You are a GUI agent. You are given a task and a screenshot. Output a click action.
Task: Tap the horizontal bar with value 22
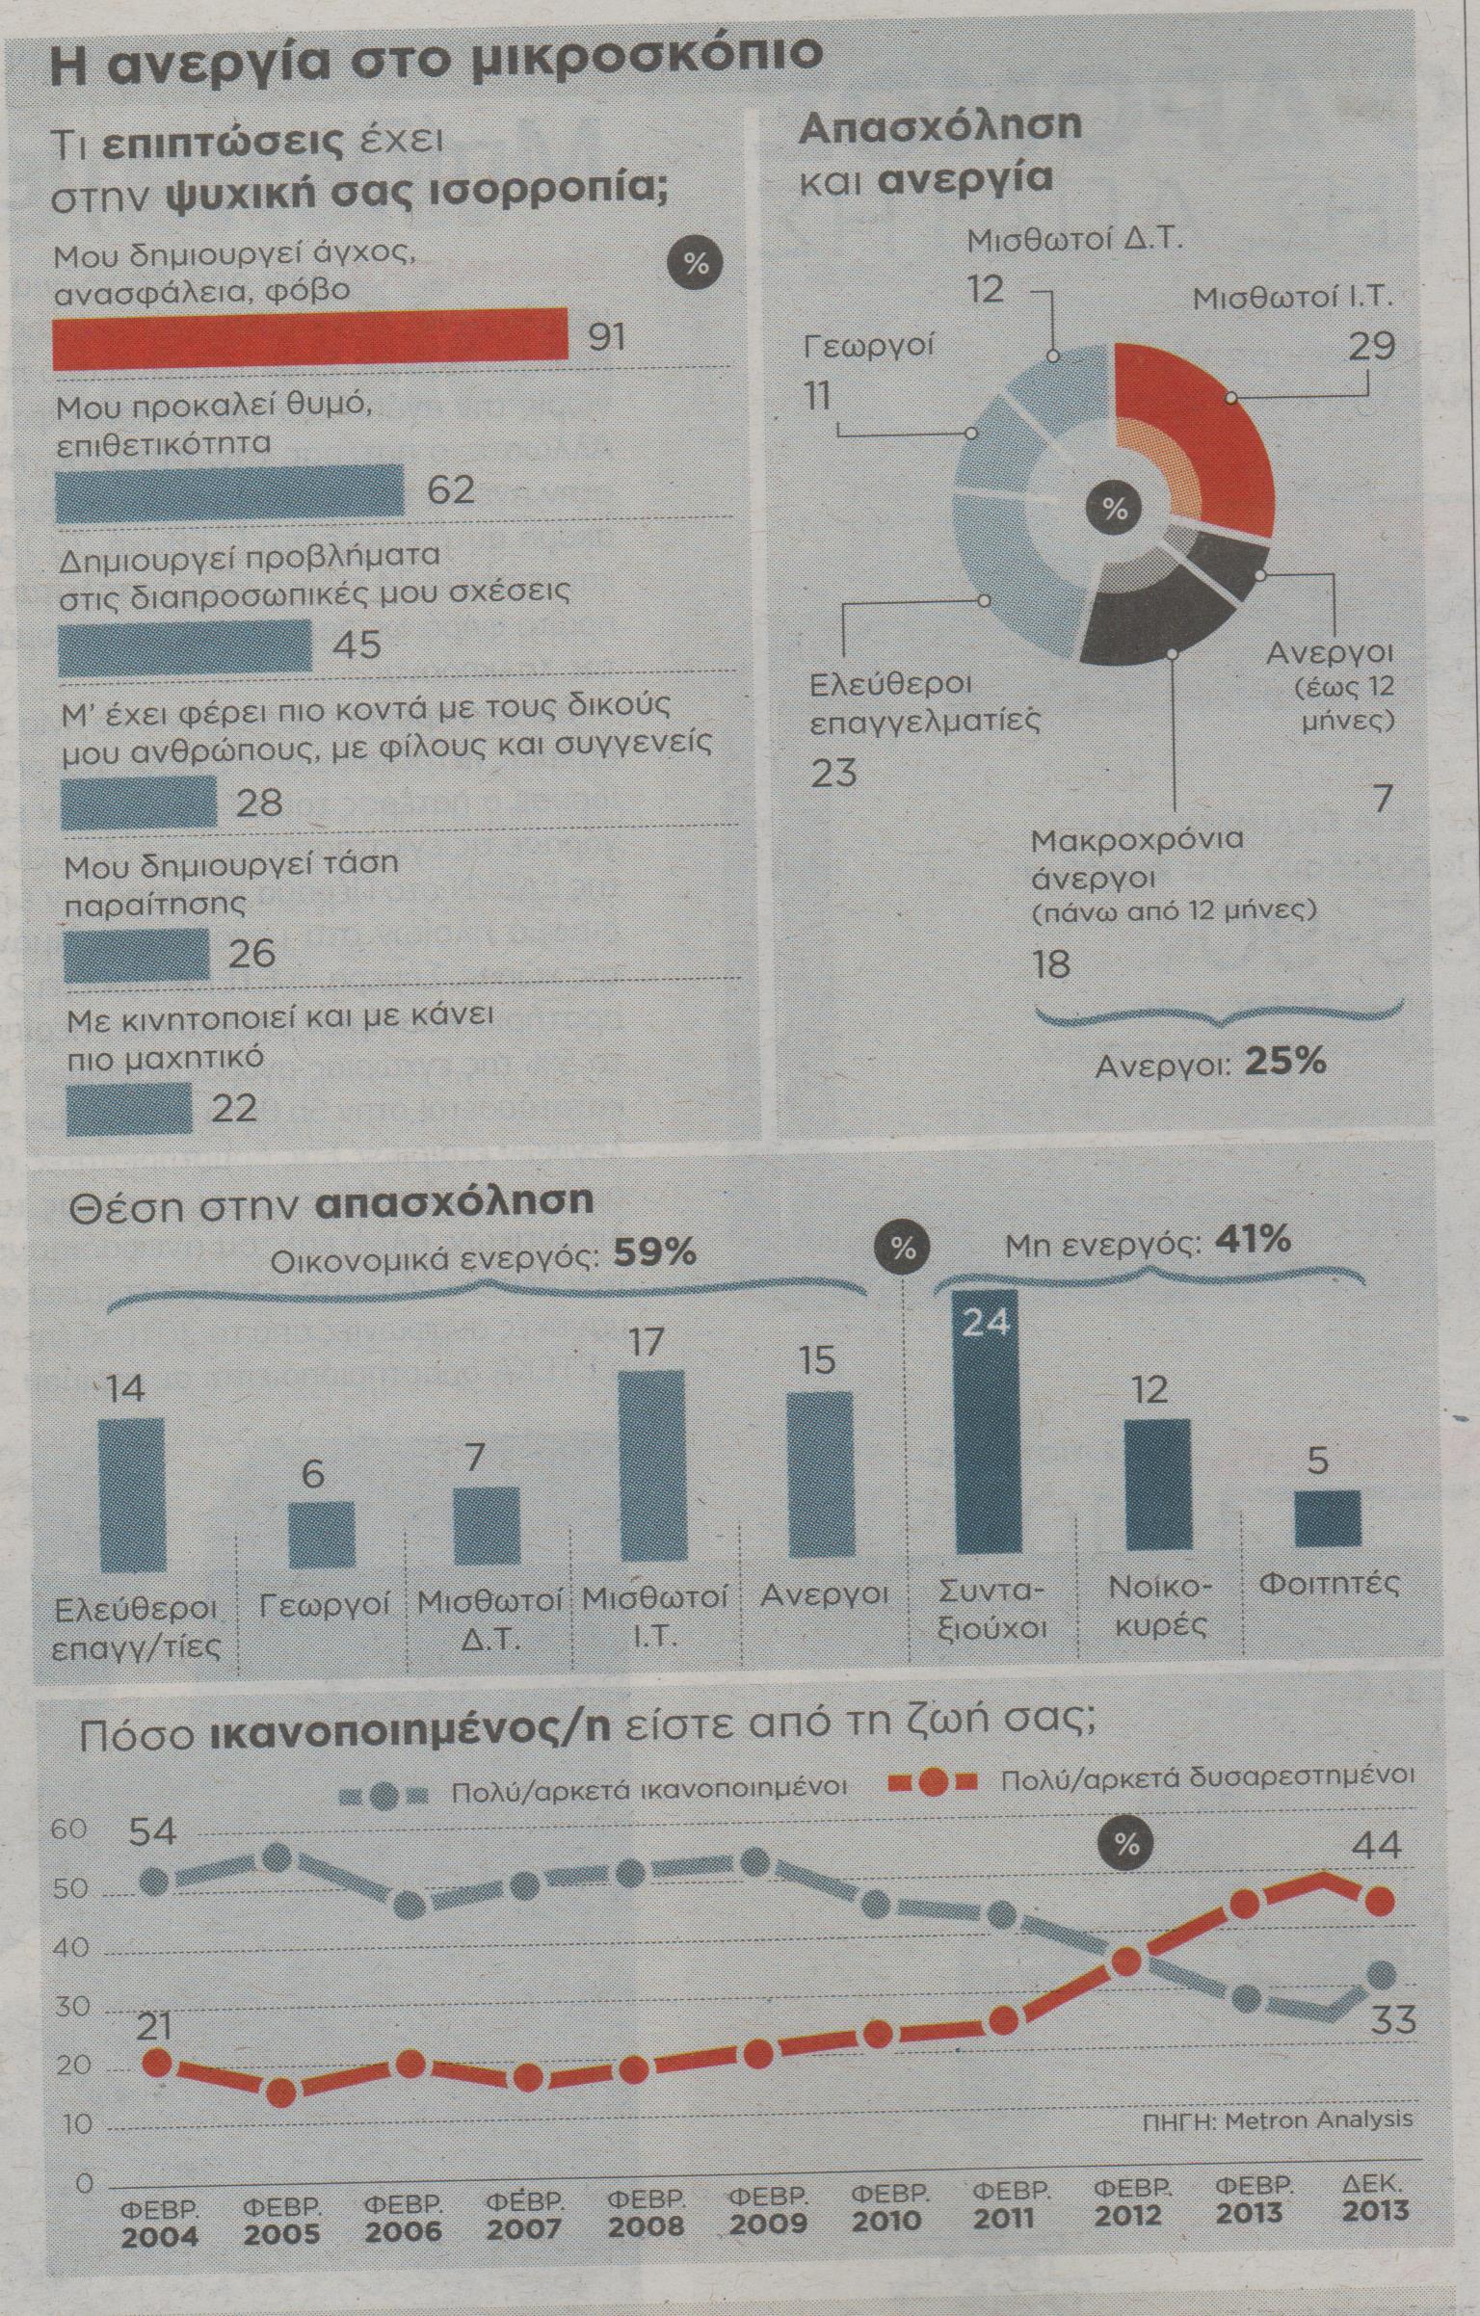(x=128, y=1108)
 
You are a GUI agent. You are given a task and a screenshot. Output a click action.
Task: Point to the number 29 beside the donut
(x=1371, y=346)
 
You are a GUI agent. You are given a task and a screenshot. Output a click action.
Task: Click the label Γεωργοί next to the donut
(x=869, y=345)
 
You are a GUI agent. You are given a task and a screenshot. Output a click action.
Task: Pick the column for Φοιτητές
(x=1327, y=1518)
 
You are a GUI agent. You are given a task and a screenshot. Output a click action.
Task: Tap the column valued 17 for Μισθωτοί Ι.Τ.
(x=650, y=1464)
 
